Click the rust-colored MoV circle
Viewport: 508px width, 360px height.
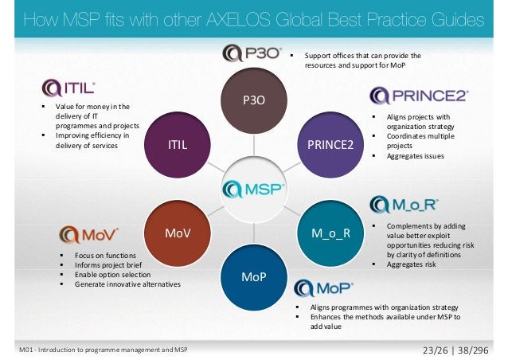pyautogui.click(x=178, y=233)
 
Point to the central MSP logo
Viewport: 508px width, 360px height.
pyautogui.click(x=255, y=190)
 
